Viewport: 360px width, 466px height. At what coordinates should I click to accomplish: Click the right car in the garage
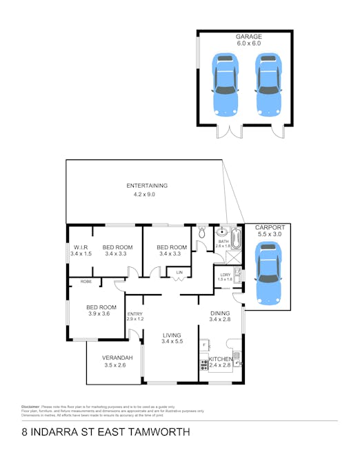tap(268, 84)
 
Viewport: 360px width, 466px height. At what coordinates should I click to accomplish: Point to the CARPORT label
tap(269, 227)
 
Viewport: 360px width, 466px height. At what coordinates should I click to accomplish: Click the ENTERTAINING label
tap(146, 186)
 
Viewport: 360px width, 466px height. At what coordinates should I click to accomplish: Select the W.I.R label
tap(80, 247)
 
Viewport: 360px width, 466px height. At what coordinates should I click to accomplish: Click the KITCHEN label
tap(221, 358)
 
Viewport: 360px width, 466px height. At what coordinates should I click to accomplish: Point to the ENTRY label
tap(134, 314)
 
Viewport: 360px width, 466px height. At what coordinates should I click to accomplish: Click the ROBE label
tap(86, 282)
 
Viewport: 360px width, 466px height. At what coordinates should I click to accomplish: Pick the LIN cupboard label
tap(179, 273)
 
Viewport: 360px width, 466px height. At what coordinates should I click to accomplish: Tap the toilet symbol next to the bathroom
tap(201, 233)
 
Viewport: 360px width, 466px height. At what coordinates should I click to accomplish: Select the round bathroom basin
tap(223, 233)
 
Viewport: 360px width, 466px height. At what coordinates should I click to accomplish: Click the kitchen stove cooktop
tap(204, 362)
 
